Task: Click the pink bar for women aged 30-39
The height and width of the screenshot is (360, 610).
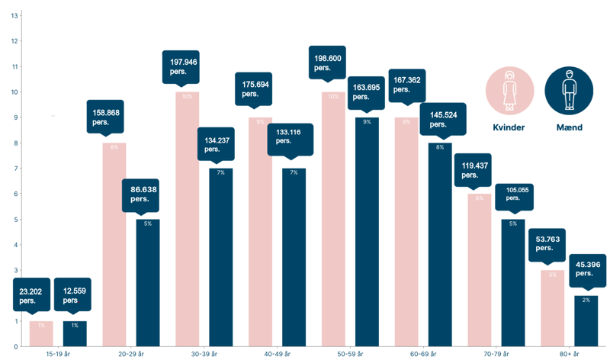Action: (187, 221)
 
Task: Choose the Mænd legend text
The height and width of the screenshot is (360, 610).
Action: (568, 127)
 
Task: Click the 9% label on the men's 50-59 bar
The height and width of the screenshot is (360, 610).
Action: (367, 122)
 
